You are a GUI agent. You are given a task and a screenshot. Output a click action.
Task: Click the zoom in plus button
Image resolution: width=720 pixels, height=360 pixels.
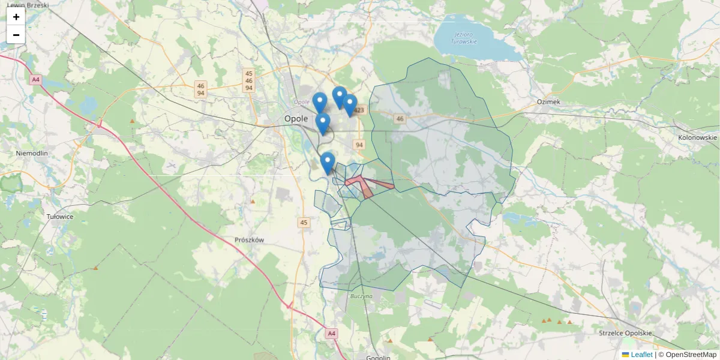[x=16, y=17]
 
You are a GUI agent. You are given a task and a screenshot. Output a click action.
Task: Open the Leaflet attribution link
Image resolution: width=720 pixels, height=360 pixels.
[x=641, y=355]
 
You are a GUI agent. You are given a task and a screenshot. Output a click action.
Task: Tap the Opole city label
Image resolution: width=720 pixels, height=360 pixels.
[x=296, y=119]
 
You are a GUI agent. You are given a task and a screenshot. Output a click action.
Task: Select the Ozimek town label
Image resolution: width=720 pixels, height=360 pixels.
[x=548, y=102]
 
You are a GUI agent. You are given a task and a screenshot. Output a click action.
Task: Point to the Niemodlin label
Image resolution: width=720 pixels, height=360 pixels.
[x=32, y=153]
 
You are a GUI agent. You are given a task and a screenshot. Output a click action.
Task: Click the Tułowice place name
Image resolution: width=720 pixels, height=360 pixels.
[x=60, y=216]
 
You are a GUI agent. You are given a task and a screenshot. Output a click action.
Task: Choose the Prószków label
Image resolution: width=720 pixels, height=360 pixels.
[x=250, y=239]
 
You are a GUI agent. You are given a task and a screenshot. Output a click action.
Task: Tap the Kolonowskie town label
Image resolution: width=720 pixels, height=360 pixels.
[x=697, y=137]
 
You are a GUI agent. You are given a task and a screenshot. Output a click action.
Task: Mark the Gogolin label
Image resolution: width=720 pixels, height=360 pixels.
[x=378, y=356]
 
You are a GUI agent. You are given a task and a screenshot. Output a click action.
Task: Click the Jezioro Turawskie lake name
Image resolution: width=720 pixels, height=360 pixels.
[x=465, y=38]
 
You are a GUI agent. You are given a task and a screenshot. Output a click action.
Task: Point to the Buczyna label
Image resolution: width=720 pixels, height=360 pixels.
[x=361, y=296]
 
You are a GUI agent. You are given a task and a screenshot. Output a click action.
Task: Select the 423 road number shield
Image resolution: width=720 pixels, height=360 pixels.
[x=359, y=110]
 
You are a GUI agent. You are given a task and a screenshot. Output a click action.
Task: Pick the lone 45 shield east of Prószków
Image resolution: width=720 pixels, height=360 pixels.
[x=304, y=223]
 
